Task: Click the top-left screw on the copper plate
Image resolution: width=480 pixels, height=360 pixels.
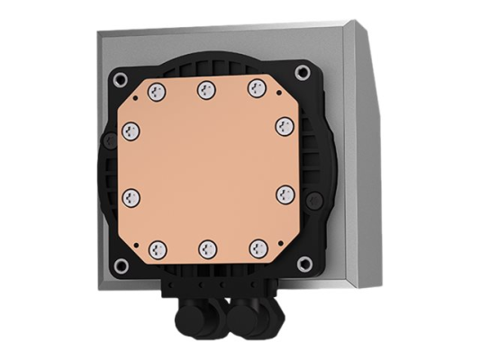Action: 155,90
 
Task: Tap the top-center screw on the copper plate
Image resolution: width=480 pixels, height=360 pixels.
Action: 206,88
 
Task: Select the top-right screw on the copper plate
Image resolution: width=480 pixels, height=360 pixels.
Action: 258,88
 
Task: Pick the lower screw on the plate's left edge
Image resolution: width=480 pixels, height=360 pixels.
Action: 131,194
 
